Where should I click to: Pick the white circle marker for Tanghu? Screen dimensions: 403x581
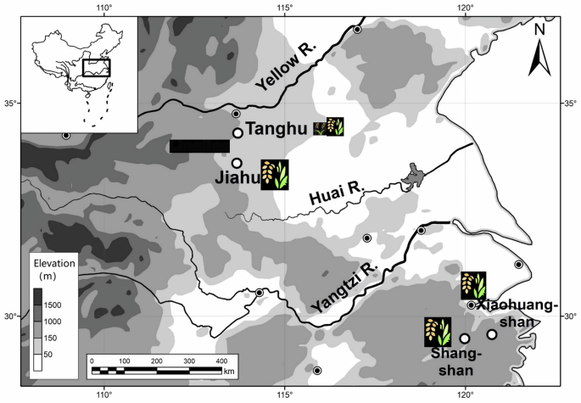point(238,132)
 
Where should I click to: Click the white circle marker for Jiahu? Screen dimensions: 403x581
point(237,163)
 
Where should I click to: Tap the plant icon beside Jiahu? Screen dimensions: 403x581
point(275,174)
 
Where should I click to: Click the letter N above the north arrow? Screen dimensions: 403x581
point(538,30)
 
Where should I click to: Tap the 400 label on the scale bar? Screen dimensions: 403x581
point(221,361)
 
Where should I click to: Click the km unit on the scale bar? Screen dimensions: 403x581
point(230,372)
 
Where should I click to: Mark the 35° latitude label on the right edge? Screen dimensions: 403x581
point(570,104)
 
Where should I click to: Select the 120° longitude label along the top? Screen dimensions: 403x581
point(466,8)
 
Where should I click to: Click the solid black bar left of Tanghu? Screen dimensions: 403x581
point(199,146)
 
